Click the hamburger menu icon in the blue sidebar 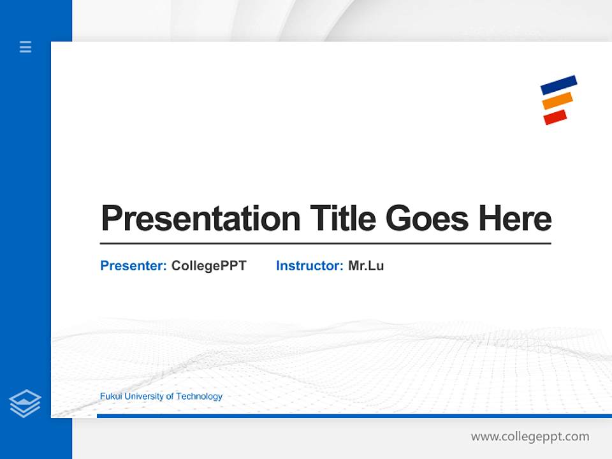pyautogui.click(x=25, y=47)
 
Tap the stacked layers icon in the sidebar pyautogui.click(x=25, y=404)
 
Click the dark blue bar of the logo pyautogui.click(x=558, y=85)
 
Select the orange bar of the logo pyautogui.click(x=557, y=101)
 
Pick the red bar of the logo pyautogui.click(x=555, y=117)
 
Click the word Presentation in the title pyautogui.click(x=201, y=219)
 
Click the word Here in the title pyautogui.click(x=515, y=219)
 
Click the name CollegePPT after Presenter pyautogui.click(x=208, y=266)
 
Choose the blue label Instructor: pyautogui.click(x=310, y=266)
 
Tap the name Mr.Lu pyautogui.click(x=366, y=266)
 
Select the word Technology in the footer pyautogui.click(x=199, y=397)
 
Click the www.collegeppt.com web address pyautogui.click(x=530, y=437)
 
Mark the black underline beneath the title pyautogui.click(x=325, y=244)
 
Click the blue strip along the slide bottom pyautogui.click(x=354, y=416)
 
